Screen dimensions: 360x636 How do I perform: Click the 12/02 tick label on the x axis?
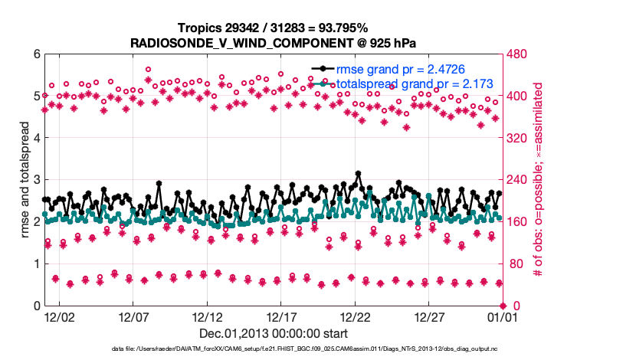click(59, 316)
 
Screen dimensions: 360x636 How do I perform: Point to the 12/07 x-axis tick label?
click(133, 316)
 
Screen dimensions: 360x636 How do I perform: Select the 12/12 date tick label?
click(207, 316)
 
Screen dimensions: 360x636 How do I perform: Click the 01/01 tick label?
click(502, 316)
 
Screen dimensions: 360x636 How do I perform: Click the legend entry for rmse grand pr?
click(395, 69)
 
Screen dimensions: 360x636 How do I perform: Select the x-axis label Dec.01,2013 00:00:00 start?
click(274, 333)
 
